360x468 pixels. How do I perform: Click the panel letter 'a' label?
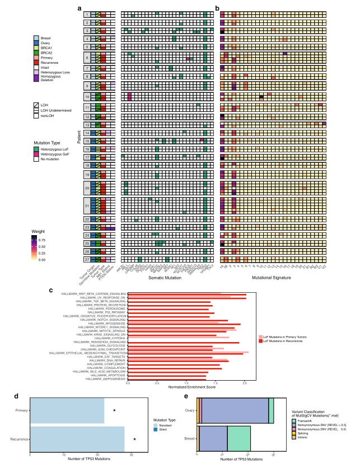pyautogui.click(x=81, y=8)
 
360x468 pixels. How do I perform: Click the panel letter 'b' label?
pyautogui.click(x=217, y=8)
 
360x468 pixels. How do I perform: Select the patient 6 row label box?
pyautogui.click(x=87, y=58)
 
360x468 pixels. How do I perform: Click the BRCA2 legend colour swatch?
pyautogui.click(x=36, y=52)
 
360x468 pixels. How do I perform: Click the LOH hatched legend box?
pyautogui.click(x=36, y=105)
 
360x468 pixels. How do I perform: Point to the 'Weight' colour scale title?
pyautogui.click(x=38, y=231)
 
